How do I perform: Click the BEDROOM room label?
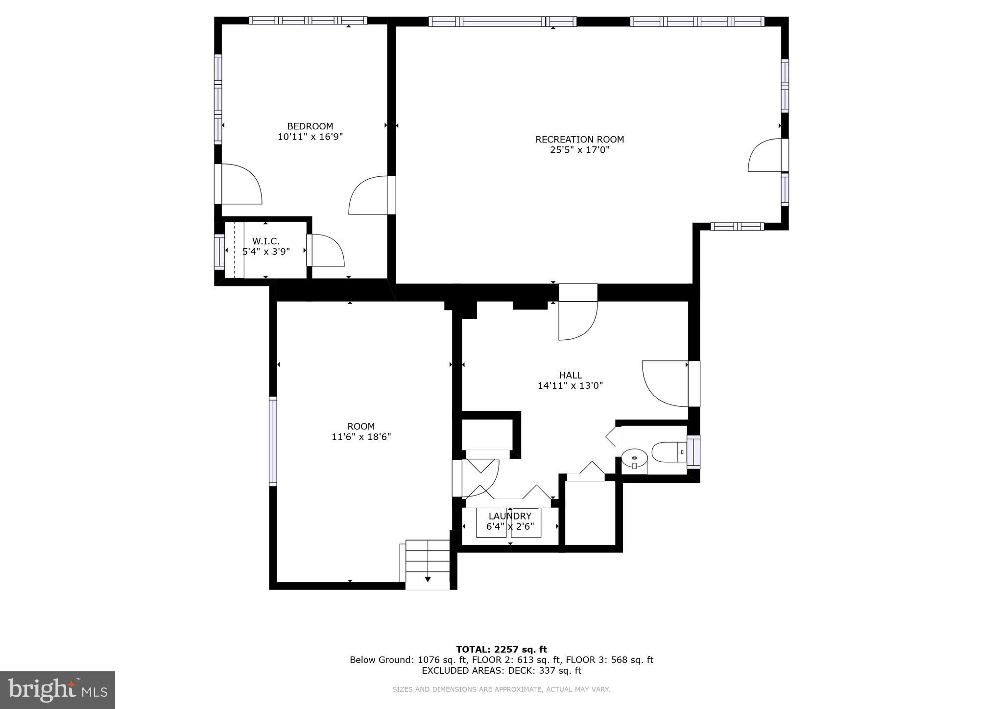click(310, 126)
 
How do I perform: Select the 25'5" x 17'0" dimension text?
click(579, 150)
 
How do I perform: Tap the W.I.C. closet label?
click(265, 241)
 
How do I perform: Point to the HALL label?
click(571, 375)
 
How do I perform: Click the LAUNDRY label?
click(510, 516)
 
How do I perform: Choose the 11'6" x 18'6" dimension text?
click(361, 437)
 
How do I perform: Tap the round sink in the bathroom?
click(634, 459)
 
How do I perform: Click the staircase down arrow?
click(428, 579)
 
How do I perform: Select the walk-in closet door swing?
click(326, 251)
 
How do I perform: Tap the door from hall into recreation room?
click(578, 318)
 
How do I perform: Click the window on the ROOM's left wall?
click(273, 441)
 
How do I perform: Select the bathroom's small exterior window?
click(693, 452)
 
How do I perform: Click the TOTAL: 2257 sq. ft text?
click(501, 649)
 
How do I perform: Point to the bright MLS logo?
click(57, 690)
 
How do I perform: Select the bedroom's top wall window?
click(308, 21)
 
